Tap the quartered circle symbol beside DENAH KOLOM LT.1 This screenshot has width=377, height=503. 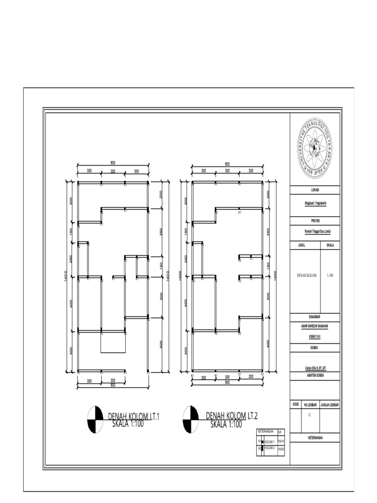click(x=95, y=420)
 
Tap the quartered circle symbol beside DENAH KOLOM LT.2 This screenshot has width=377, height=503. click(x=190, y=420)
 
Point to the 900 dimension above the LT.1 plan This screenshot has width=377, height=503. click(x=113, y=163)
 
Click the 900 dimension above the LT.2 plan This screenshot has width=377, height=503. click(x=227, y=163)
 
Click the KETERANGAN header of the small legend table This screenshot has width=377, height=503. click(x=266, y=432)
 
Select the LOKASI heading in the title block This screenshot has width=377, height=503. click(x=315, y=190)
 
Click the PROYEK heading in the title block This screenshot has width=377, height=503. click(x=315, y=221)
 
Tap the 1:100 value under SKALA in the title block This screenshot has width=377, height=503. click(x=330, y=276)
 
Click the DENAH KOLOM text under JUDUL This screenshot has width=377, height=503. click(x=305, y=276)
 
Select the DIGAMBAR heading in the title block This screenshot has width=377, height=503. click(x=315, y=317)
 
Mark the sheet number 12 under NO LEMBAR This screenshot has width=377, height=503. click(x=310, y=415)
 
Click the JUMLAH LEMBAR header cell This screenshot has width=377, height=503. click(x=330, y=404)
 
